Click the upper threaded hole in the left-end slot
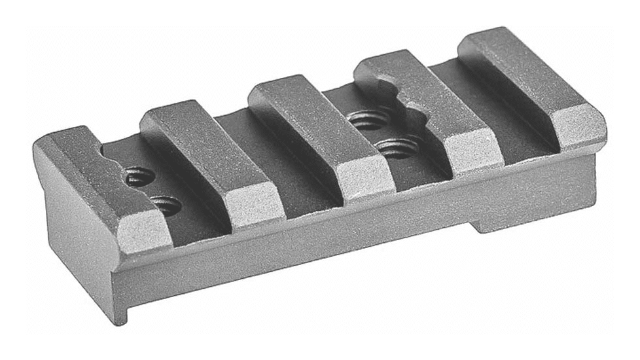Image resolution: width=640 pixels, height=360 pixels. click(x=141, y=177)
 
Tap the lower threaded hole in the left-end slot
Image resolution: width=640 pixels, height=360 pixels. click(x=166, y=206)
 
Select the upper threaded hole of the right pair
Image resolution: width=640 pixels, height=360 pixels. click(x=368, y=120)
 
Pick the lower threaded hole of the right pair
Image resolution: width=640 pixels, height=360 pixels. click(x=397, y=147)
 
